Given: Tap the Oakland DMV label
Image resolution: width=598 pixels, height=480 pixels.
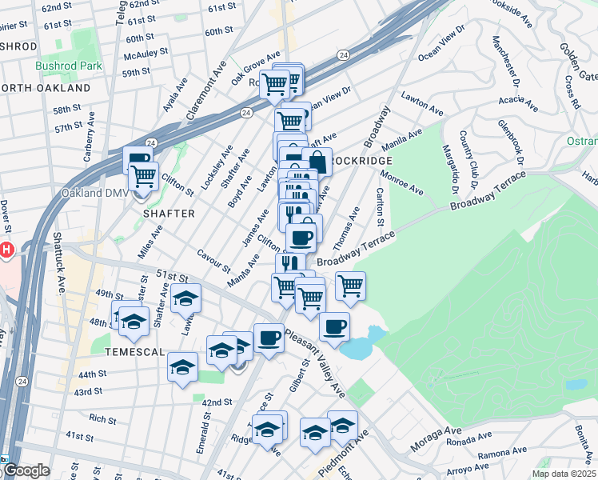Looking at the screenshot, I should point(94,193).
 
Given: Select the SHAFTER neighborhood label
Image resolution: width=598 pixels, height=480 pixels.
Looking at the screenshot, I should point(169,214).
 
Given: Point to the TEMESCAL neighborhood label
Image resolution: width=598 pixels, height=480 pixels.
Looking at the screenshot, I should point(134,350).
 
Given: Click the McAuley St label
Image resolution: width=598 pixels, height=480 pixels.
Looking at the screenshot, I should point(146,54).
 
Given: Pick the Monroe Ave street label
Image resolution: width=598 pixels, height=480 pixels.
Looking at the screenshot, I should point(402,182).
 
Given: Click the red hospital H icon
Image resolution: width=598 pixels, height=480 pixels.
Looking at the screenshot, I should point(6,250).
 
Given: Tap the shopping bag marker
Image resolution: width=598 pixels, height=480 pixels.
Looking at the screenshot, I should point(317,162).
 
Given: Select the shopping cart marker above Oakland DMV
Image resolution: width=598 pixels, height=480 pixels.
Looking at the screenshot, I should point(143,175).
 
